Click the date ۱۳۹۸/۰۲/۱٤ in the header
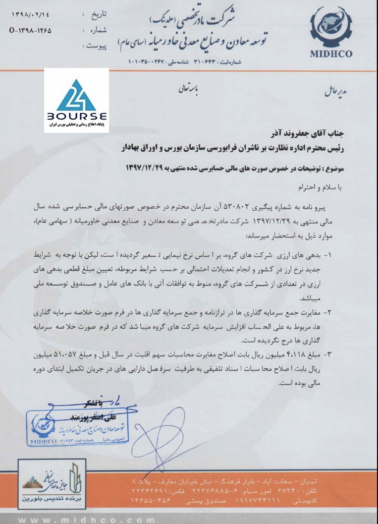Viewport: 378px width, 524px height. tap(30, 16)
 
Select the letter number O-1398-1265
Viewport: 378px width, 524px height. tap(30, 31)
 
